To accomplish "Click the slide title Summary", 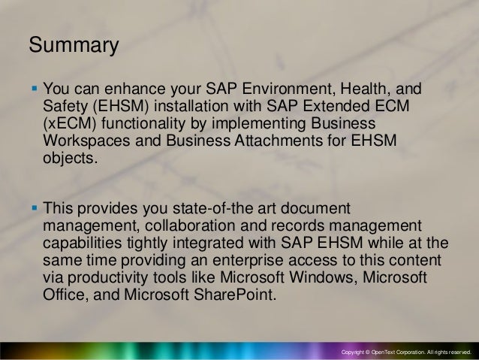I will (74, 46).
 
